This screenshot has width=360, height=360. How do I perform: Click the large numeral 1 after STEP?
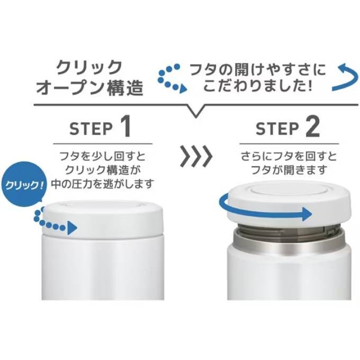(125, 127)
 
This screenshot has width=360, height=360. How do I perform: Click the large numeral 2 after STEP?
(312, 127)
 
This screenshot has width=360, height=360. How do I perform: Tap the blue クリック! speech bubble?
(24, 184)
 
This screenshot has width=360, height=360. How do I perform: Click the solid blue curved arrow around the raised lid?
(264, 213)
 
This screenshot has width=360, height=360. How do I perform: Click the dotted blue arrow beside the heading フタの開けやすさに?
(172, 78)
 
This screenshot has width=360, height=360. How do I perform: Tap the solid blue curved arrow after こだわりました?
(345, 78)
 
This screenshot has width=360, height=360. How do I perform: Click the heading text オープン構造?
(89, 88)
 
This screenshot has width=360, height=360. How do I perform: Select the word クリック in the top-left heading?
(89, 68)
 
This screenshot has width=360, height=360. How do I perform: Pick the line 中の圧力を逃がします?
(102, 184)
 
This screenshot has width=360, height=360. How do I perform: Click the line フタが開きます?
(289, 170)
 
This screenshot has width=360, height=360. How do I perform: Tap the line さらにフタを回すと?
(289, 157)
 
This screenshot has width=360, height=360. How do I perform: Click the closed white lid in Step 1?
(103, 219)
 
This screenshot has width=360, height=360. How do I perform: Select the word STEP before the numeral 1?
(91, 129)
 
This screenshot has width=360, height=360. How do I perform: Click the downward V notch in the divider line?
(195, 111)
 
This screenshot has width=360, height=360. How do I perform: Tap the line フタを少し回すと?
(102, 157)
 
